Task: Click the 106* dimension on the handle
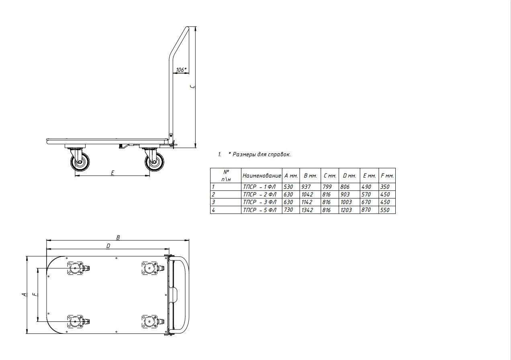(x=181, y=70)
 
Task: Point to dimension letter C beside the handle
(x=193, y=87)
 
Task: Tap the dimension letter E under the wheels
(x=112, y=173)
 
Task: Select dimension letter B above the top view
(x=118, y=237)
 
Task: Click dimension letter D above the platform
(x=108, y=246)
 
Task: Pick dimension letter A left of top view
(x=24, y=295)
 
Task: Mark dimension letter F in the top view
(x=35, y=294)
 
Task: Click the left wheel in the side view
(x=80, y=162)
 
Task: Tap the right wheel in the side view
(x=154, y=162)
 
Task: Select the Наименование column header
(x=262, y=176)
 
